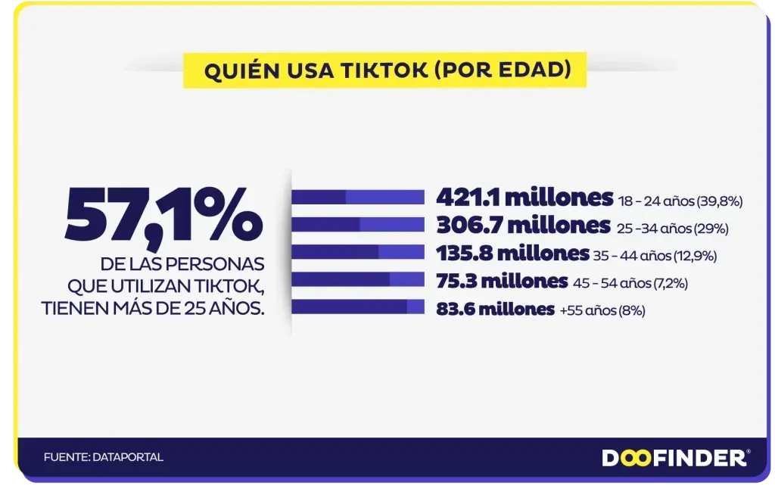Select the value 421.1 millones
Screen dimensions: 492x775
[x=524, y=198]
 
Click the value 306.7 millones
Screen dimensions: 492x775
[x=523, y=225]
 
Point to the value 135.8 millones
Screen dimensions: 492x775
[x=512, y=254]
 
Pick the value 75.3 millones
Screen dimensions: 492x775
[x=502, y=282]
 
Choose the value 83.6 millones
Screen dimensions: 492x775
[x=495, y=309]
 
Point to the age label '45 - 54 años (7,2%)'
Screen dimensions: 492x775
[x=630, y=284]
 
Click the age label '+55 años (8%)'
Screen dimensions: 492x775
[x=602, y=311]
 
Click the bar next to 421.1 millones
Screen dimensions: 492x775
[x=358, y=198]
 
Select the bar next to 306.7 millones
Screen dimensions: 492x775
[x=358, y=225]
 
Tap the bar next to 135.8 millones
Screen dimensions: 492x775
[x=358, y=252]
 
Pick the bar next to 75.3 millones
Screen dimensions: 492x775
[x=358, y=279]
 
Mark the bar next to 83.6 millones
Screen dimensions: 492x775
[x=358, y=307]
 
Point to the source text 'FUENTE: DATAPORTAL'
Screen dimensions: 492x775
[x=104, y=457]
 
